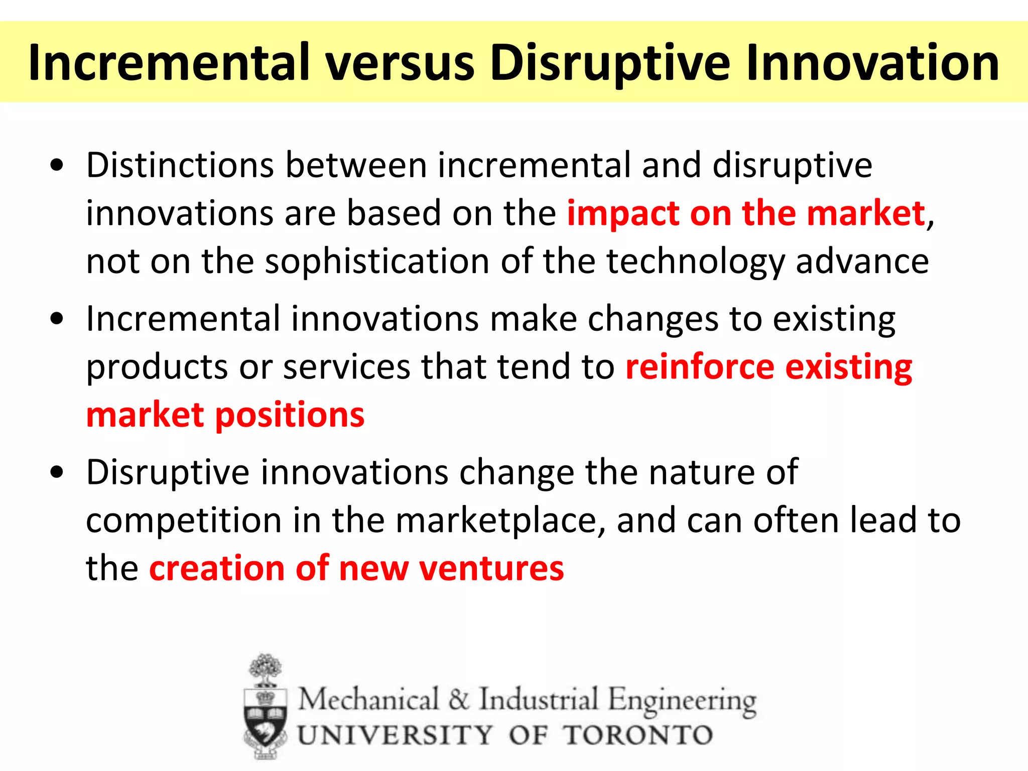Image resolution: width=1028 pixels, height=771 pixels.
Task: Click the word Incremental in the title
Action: tap(168, 63)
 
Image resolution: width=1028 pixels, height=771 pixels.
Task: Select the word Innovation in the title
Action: tap(872, 63)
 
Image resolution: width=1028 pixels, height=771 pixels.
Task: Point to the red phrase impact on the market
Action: tap(745, 213)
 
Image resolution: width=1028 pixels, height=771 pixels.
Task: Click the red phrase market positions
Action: tap(225, 416)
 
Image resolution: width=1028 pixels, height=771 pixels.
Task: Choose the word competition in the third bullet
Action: tap(184, 521)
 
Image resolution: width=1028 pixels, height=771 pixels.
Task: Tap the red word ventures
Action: tap(491, 569)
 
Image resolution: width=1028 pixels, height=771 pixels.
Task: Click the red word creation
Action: tap(217, 569)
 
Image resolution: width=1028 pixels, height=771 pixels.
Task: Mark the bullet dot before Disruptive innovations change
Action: tap(57, 472)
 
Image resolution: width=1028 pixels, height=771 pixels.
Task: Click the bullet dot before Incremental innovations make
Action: tap(57, 319)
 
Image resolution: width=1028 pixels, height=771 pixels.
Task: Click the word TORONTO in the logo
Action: tap(637, 735)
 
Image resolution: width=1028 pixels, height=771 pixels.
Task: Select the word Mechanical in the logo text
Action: tap(369, 699)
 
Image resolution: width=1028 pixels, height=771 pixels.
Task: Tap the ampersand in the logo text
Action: tap(458, 699)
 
